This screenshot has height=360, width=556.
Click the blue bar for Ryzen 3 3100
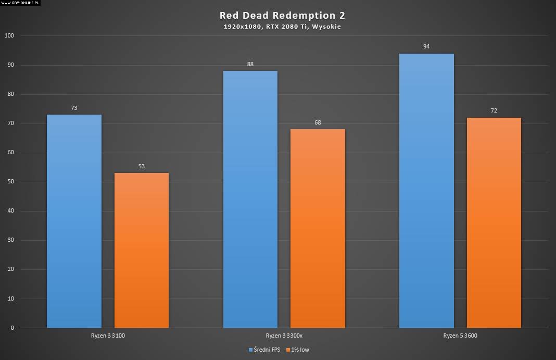tap(74, 221)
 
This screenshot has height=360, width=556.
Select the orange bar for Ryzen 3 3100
tap(141, 251)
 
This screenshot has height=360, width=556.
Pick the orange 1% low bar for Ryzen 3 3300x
tap(318, 229)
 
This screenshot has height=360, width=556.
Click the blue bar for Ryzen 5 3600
tap(426, 191)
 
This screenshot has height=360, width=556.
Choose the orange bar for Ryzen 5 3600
tap(494, 223)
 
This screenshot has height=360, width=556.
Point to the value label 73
tap(74, 108)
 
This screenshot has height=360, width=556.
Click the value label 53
tap(141, 167)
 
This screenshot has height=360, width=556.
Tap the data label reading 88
tap(250, 65)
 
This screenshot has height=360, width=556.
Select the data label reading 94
tap(426, 47)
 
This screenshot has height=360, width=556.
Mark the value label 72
tap(494, 111)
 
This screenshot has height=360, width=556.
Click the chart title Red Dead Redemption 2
tap(282, 16)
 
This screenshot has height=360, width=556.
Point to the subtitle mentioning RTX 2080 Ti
tap(282, 27)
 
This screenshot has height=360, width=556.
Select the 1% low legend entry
tap(297, 350)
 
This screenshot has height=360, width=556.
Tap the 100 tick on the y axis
tap(9, 36)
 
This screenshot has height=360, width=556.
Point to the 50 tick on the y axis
tap(11, 182)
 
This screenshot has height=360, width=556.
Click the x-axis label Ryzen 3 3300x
tap(284, 336)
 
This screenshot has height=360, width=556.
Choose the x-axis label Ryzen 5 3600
tap(460, 336)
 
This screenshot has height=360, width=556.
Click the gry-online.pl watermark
tap(21, 3)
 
